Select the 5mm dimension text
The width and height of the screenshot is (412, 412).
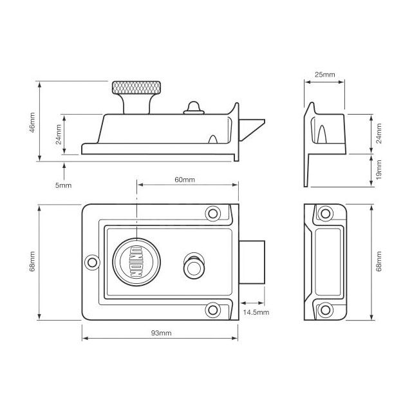tap(64, 185)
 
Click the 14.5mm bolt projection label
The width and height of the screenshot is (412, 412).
tap(256, 312)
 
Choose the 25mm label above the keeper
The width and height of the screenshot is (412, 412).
tap(324, 75)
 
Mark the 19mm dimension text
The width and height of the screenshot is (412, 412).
tap(379, 170)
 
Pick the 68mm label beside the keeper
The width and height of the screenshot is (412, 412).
tap(379, 261)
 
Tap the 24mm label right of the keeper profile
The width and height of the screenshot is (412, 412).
tap(379, 133)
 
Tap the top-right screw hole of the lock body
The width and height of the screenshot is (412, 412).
tap(212, 213)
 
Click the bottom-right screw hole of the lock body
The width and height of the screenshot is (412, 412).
tap(212, 310)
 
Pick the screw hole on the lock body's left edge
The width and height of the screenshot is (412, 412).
tap(92, 261)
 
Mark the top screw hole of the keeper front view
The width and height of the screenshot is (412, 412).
tap(325, 213)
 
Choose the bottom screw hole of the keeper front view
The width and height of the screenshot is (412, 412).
tap(325, 309)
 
